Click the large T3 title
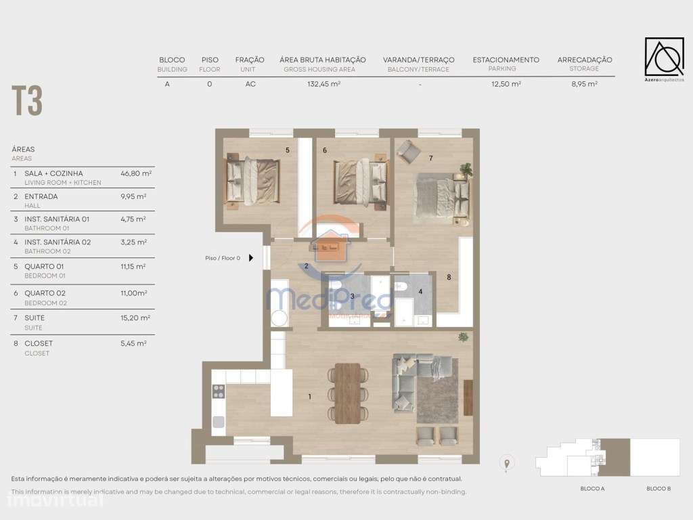click(x=27, y=102)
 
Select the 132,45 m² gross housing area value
click(x=323, y=85)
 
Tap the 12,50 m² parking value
click(x=506, y=85)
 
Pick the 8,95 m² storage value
click(x=584, y=85)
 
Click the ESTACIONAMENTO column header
click(x=506, y=60)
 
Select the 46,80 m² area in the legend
click(x=135, y=173)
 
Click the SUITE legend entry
click(x=35, y=317)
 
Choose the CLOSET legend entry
click(x=38, y=343)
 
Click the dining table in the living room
click(x=348, y=393)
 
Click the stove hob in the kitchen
click(x=219, y=391)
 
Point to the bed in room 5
click(x=252, y=179)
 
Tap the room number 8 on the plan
click(x=448, y=277)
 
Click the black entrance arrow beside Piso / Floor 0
click(x=251, y=258)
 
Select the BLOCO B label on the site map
click(x=658, y=489)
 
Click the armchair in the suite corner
click(x=407, y=151)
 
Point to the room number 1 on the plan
click(x=310, y=396)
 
